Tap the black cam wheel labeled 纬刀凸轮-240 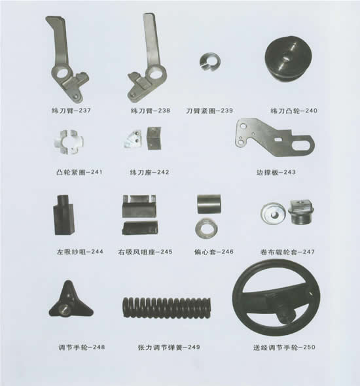[x=289, y=60]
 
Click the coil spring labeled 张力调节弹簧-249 [x=167, y=307]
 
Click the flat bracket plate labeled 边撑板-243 [x=274, y=139]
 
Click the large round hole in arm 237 [x=63, y=73]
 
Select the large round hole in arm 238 [x=154, y=74]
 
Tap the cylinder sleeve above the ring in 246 [x=209, y=204]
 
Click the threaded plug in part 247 [x=301, y=212]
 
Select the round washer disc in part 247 [x=273, y=213]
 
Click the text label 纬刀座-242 [x=149, y=172]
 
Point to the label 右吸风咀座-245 [x=145, y=252]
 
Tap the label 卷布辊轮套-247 [x=287, y=252]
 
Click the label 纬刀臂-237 [x=71, y=111]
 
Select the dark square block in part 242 [x=154, y=138]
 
